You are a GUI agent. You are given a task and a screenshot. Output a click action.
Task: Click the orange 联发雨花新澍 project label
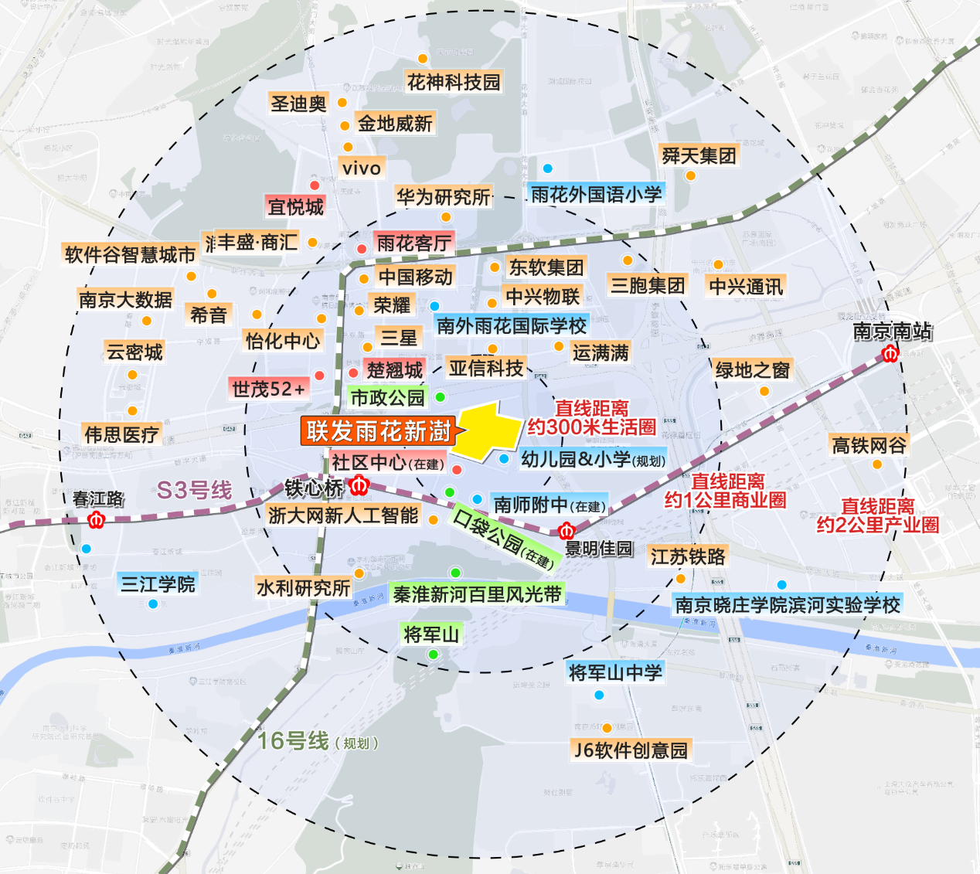click(378, 431)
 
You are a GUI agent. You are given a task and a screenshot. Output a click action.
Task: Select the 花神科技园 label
click(454, 82)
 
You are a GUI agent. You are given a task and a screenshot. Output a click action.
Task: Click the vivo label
click(362, 168)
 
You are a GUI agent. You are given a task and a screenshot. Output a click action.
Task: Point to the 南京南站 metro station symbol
click(890, 354)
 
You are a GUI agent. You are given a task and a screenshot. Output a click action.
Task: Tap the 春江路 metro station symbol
click(97, 520)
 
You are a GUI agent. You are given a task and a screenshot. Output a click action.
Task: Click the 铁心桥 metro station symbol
click(359, 486)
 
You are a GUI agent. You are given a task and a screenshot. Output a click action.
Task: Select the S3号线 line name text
click(194, 490)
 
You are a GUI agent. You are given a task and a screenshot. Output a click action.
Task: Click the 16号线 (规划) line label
click(318, 741)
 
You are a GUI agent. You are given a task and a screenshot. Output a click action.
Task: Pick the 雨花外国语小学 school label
click(596, 194)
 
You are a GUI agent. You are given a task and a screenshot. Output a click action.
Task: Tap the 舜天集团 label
click(699, 155)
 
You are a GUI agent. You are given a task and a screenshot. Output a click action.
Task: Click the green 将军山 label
click(431, 634)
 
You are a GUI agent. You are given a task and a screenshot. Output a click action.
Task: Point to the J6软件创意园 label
click(631, 750)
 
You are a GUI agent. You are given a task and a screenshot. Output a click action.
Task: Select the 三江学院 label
click(158, 583)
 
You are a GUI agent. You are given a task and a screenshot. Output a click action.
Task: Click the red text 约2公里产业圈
click(878, 525)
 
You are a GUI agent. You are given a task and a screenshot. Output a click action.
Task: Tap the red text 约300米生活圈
click(591, 427)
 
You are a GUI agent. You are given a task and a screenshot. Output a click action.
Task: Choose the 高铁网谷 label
click(869, 445)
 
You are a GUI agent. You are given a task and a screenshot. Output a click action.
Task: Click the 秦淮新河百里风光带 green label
click(477, 594)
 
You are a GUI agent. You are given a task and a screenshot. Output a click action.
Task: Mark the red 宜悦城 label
click(295, 206)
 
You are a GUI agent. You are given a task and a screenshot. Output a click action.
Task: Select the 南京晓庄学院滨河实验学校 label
click(788, 604)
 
